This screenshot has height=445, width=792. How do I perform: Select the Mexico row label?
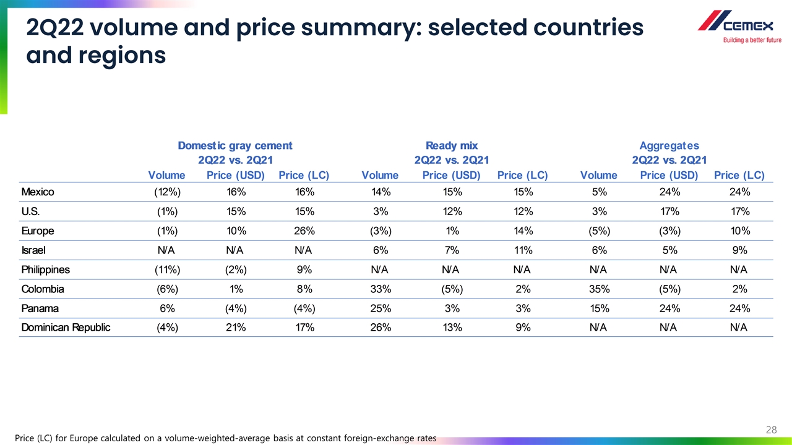click(38, 192)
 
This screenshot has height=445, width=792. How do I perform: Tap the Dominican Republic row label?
click(66, 328)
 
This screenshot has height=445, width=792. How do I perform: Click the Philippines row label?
click(45, 269)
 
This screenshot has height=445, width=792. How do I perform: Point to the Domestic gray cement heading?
click(235, 146)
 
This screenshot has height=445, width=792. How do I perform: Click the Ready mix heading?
click(452, 146)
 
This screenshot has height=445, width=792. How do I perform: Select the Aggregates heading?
click(669, 146)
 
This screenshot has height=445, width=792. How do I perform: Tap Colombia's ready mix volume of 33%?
click(380, 289)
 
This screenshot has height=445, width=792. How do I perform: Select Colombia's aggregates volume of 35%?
click(599, 289)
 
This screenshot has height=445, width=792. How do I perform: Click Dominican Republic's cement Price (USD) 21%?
click(236, 328)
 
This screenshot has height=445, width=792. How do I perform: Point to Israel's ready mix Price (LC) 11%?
click(523, 250)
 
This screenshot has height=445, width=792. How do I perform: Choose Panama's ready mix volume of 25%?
click(380, 308)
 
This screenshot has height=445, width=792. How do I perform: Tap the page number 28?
click(771, 430)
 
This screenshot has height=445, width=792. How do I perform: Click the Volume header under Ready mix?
click(380, 175)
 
